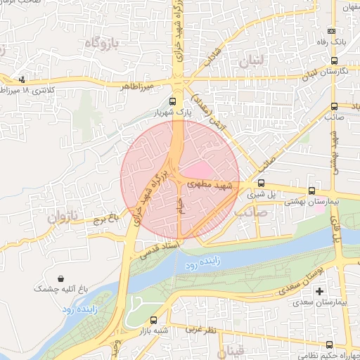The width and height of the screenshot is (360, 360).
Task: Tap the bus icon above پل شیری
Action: pos(262,185)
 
